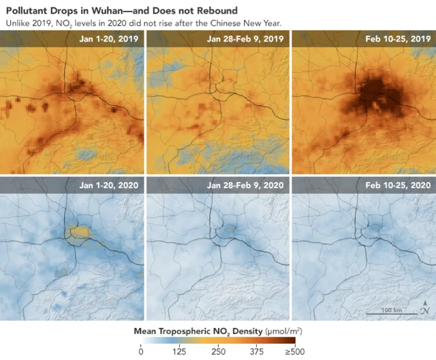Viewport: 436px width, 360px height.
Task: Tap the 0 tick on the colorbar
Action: point(140,352)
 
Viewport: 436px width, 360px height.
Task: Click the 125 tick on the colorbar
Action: point(179,352)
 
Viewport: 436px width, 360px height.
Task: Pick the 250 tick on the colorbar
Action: point(218,352)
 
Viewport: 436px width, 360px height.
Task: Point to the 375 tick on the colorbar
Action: point(257,352)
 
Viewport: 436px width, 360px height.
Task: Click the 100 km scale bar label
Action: point(391,310)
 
